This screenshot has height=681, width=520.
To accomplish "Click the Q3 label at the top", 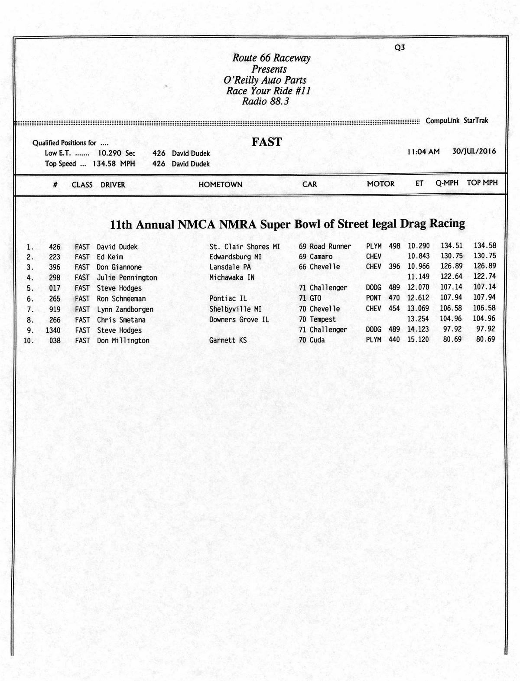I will click(x=400, y=48).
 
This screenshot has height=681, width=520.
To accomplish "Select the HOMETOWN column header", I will click(x=220, y=185).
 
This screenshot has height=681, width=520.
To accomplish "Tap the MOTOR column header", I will click(x=380, y=184).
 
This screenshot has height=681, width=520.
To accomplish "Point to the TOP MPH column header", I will click(x=482, y=183).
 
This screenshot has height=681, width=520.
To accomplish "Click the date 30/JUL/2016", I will click(x=474, y=151).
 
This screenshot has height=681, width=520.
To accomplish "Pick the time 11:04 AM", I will click(x=423, y=152).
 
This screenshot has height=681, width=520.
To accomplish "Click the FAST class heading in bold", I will click(x=266, y=142).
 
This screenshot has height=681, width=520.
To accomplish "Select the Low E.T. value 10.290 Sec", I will click(x=116, y=153).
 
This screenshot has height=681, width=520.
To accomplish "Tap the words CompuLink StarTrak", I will click(x=457, y=121).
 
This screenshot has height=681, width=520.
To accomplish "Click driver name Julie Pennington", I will click(x=127, y=278).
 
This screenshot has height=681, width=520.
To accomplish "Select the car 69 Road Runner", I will click(x=325, y=247).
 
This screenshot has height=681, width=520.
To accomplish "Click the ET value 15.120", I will click(x=418, y=339).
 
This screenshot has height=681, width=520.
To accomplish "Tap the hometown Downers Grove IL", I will click(x=239, y=319).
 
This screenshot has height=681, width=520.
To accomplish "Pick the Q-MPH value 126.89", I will click(x=452, y=266).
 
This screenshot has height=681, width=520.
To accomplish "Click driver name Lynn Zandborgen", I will click(x=125, y=310).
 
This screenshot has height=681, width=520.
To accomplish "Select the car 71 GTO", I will click(x=310, y=298).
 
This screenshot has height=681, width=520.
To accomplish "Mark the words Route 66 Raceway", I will click(x=271, y=58).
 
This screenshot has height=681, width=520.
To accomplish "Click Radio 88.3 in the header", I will click(x=265, y=102).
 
